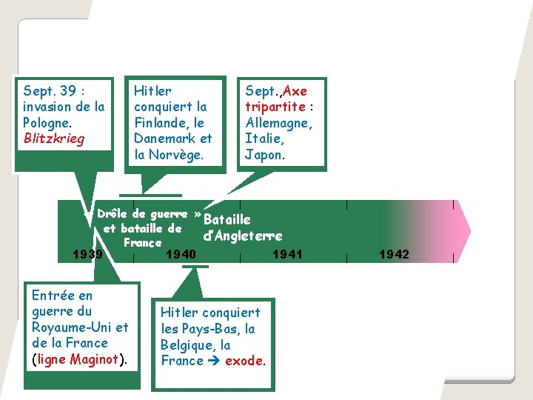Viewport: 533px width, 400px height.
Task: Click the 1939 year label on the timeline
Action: click(x=87, y=255)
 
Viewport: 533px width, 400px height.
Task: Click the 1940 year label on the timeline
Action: click(x=181, y=255)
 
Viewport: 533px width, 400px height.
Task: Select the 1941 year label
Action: click(x=287, y=255)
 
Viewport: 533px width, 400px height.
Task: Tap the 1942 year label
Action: click(x=394, y=255)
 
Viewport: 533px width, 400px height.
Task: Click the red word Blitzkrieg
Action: click(x=54, y=139)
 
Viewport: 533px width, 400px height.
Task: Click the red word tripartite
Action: click(x=275, y=107)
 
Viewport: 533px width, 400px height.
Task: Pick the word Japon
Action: click(x=263, y=155)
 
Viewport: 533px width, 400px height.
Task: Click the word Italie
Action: click(x=264, y=139)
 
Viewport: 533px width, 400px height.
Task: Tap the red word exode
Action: click(x=244, y=361)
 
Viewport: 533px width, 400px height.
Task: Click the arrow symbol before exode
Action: click(x=214, y=361)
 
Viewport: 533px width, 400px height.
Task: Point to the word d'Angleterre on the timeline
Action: click(x=242, y=236)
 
